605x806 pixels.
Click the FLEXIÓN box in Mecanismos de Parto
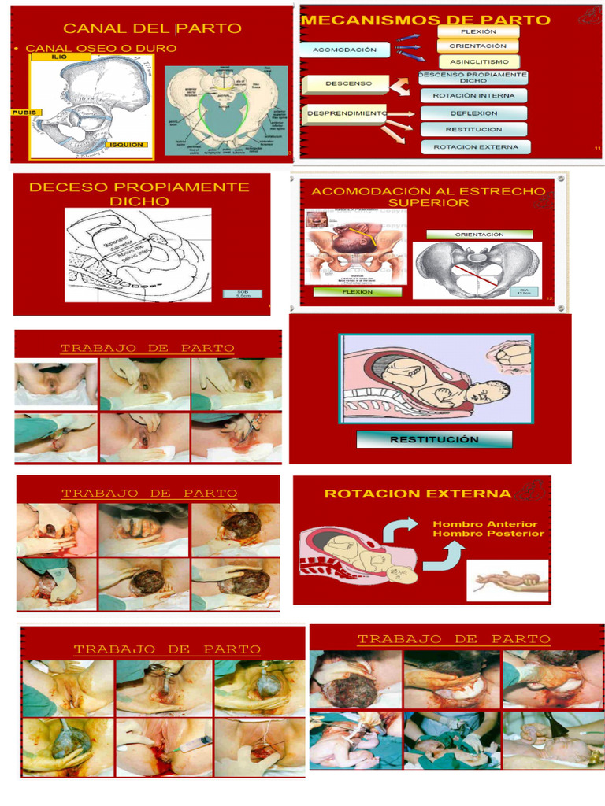coord(479,31)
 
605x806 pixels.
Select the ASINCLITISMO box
coord(479,61)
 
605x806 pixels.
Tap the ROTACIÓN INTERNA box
coord(473,95)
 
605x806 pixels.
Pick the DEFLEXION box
coord(473,113)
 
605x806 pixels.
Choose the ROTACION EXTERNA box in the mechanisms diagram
coord(476,146)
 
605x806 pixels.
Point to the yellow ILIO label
coord(60,57)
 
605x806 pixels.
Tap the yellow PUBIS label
coord(24,113)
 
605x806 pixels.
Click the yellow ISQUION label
coord(127,145)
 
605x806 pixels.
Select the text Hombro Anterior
coord(485,523)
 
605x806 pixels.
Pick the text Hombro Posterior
coord(488,534)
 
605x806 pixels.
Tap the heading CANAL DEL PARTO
coord(152,28)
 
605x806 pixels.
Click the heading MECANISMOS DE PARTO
coord(426,20)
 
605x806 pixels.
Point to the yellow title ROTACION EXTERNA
coord(418,494)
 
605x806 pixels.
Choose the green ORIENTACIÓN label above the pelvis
coord(479,234)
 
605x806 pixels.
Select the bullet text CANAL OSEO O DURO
coord(101,48)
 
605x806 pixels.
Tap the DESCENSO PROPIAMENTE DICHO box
coord(473,77)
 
